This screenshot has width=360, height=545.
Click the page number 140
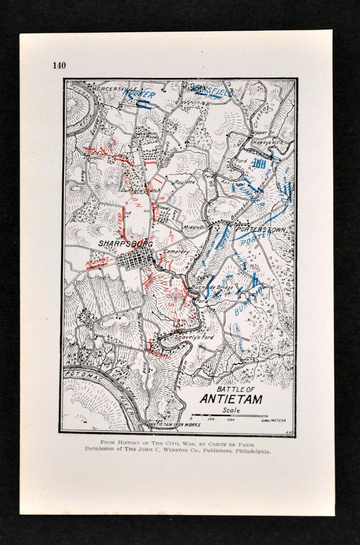[59, 65]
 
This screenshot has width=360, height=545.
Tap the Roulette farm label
[185, 182]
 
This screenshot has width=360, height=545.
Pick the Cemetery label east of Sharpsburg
[177, 251]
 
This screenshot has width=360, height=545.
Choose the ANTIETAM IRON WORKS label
[175, 425]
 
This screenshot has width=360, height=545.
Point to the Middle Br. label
[193, 227]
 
